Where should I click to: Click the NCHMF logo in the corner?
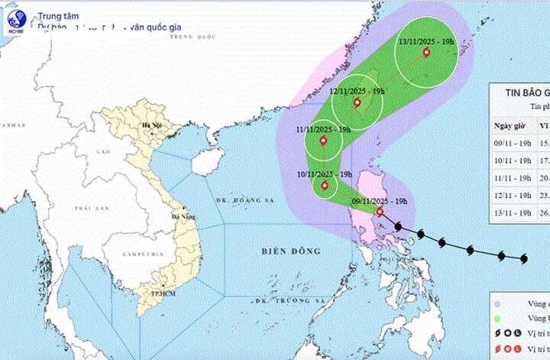pyautogui.click(x=15, y=21)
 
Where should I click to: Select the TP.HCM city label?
pyautogui.click(x=159, y=293)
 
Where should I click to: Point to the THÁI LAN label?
pyautogui.click(x=91, y=208)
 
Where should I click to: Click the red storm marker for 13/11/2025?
pyautogui.click(x=425, y=53)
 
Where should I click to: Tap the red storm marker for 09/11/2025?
pyautogui.click(x=380, y=212)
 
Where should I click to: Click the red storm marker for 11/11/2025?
pyautogui.click(x=323, y=141)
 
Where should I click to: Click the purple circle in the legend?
pyautogui.click(x=497, y=302)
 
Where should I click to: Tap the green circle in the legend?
pyautogui.click(x=497, y=317)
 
